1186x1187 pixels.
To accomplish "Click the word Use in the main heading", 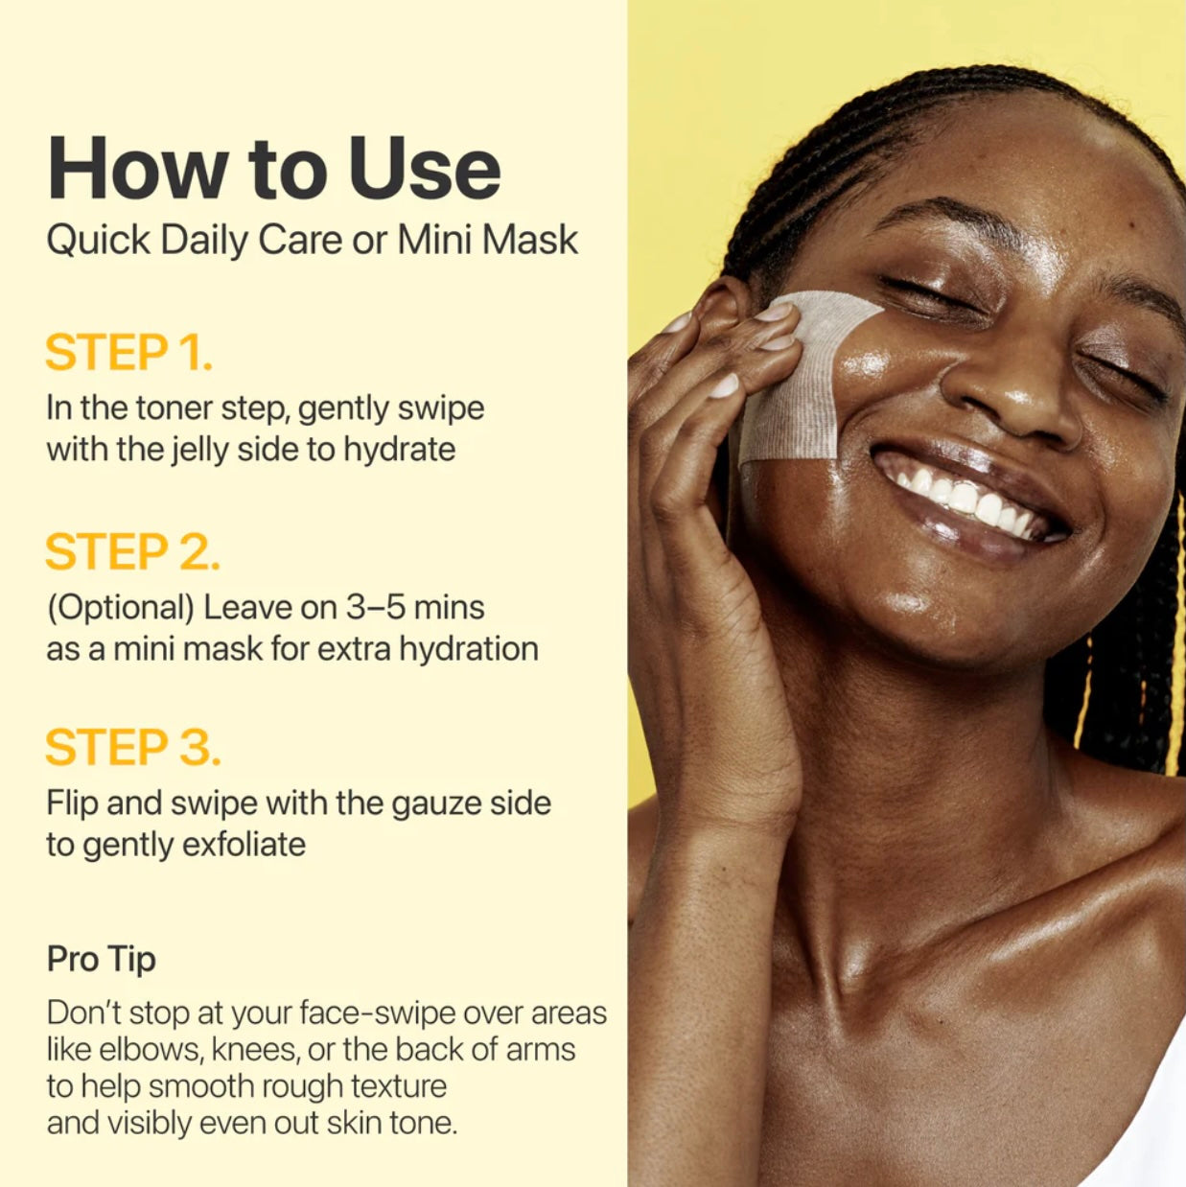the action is (425, 168).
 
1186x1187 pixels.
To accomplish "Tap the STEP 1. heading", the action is (128, 352).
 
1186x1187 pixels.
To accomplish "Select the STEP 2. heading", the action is (132, 551).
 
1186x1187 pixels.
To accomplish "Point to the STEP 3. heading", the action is (132, 747).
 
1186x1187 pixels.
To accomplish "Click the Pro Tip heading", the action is (101, 960).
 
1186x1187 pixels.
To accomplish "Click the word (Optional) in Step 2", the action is (121, 609).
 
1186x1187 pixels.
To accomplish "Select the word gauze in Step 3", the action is (437, 803).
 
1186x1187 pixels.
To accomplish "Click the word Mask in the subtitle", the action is (530, 240).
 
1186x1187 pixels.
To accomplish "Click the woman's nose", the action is (1011, 394).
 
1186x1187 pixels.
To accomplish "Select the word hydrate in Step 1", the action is (399, 451).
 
